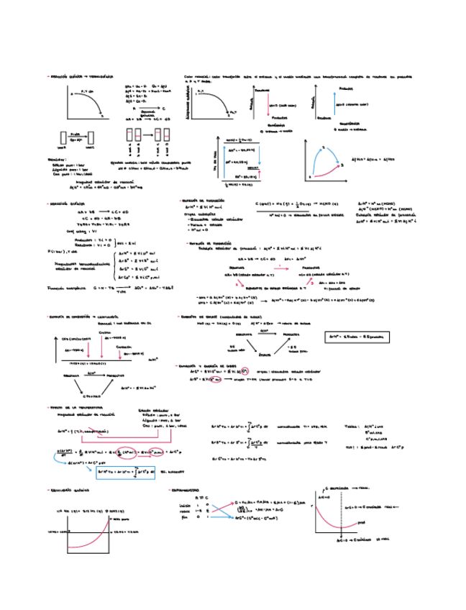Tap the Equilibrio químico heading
71,489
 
